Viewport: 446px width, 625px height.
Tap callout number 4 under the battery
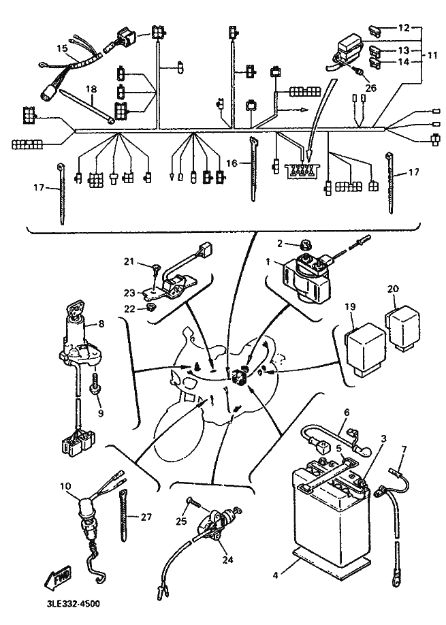pos(275,575)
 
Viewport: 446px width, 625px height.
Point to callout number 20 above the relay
pos(393,288)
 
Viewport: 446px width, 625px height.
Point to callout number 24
pos(227,560)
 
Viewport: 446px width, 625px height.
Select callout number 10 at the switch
pos(65,486)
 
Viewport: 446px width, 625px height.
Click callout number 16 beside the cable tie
pos(232,163)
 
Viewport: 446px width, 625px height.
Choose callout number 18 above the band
pos(92,89)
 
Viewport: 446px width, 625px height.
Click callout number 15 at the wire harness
pos(61,48)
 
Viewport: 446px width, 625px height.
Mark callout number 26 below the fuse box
pos(371,88)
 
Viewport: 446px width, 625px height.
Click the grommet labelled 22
pos(150,308)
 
